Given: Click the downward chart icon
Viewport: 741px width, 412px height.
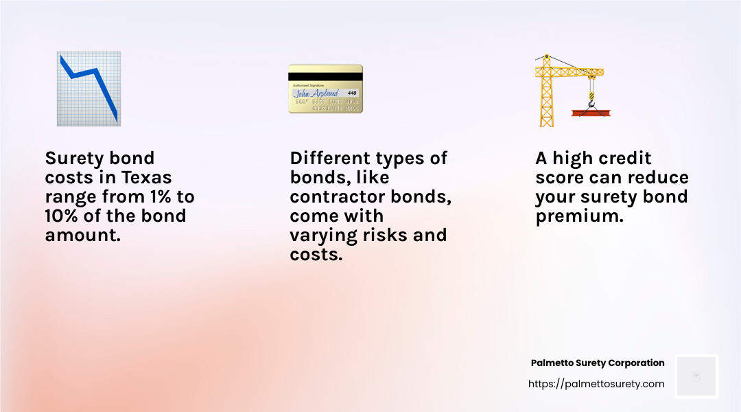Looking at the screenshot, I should [x=89, y=89].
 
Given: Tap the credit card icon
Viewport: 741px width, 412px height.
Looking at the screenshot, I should [x=325, y=89].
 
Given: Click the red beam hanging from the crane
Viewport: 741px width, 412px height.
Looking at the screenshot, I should [x=591, y=112].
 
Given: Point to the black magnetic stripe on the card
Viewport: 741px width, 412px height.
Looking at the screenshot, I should [x=325, y=77].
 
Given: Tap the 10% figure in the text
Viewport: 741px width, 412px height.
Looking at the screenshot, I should [x=61, y=216].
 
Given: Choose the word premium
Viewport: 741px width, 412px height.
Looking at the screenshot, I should [x=577, y=216].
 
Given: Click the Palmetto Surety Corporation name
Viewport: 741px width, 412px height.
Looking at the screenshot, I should [x=598, y=363].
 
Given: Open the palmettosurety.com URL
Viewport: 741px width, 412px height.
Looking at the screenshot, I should [x=596, y=384].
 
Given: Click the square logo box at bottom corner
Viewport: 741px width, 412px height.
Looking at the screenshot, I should [x=696, y=376].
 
